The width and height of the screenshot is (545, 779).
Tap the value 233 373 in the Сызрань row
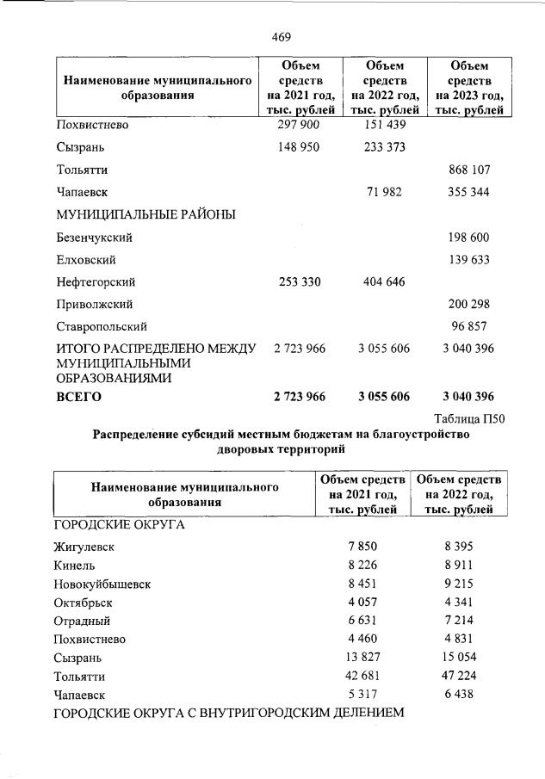click(x=383, y=147)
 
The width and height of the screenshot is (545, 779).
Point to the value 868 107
click(x=469, y=170)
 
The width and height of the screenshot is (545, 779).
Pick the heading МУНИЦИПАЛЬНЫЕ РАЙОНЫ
click(x=146, y=214)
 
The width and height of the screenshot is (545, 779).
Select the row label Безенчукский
click(x=94, y=237)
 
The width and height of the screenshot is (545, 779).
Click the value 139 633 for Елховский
click(x=469, y=259)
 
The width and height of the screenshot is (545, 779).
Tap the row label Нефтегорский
click(x=96, y=281)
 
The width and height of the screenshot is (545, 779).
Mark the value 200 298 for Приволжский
click(x=469, y=304)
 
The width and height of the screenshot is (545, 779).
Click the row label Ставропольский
click(x=101, y=326)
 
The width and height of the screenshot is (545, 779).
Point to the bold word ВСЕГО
click(x=78, y=397)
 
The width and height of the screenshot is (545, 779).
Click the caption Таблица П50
click(x=468, y=417)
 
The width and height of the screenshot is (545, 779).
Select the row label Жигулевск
click(x=84, y=547)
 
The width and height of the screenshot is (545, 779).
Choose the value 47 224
click(x=457, y=675)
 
